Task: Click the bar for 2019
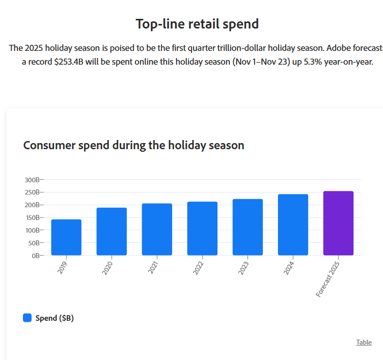[66, 237]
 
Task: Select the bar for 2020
[112, 232]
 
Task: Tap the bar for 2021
[157, 230]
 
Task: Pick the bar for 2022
[202, 229]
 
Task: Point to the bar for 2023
[248, 227]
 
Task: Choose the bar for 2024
[293, 225]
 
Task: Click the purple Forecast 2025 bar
[338, 223]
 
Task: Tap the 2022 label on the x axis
[199, 268]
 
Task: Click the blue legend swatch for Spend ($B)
[28, 318]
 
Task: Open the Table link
[364, 342]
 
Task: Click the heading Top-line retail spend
[197, 23]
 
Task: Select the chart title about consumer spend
[134, 145]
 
